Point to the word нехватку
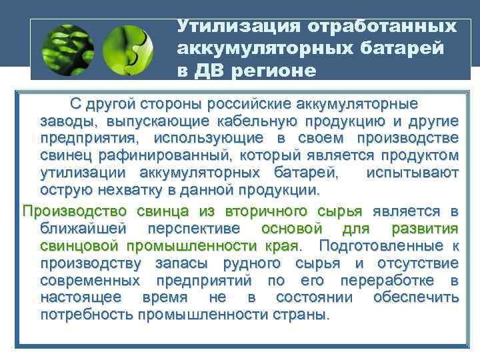tap(126, 191)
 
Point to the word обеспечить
tap(416, 297)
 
